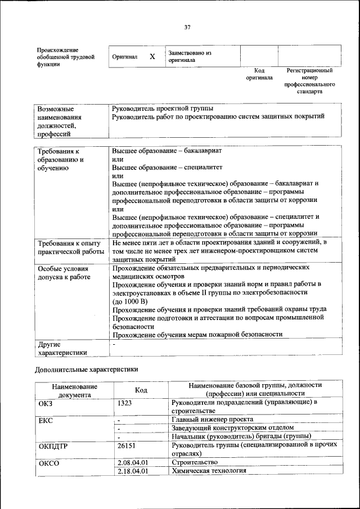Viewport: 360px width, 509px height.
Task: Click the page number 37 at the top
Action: pos(187,27)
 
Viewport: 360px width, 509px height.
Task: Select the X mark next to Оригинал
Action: pos(152,57)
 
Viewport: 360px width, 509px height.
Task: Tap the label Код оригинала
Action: pos(259,74)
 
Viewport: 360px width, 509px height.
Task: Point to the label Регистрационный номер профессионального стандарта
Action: pos(309,80)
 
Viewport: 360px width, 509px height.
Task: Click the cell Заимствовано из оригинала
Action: pos(189,56)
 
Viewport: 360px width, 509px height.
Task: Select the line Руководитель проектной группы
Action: pos(163,108)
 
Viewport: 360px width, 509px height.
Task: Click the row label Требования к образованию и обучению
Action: pos(61,160)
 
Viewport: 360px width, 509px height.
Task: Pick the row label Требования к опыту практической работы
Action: pos(70,247)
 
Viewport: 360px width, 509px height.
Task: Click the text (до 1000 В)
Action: pos(130,301)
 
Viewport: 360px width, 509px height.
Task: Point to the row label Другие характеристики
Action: pos(62,348)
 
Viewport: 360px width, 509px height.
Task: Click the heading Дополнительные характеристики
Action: pos(86,370)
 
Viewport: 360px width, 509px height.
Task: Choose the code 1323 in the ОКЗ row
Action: pos(125,403)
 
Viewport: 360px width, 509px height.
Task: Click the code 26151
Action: pos(127,445)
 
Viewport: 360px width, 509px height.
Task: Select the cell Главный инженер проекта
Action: pos(212,420)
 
